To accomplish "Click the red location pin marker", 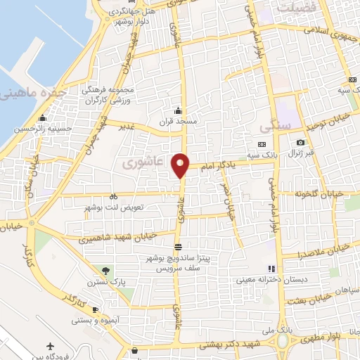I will coord(181,164).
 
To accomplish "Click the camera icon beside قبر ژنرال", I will coord(301,143).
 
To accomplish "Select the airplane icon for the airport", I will coord(50,346).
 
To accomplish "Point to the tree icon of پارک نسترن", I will coord(105,271).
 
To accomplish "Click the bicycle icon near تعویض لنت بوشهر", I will coord(114,197).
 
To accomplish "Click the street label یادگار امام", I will coord(214,166).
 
